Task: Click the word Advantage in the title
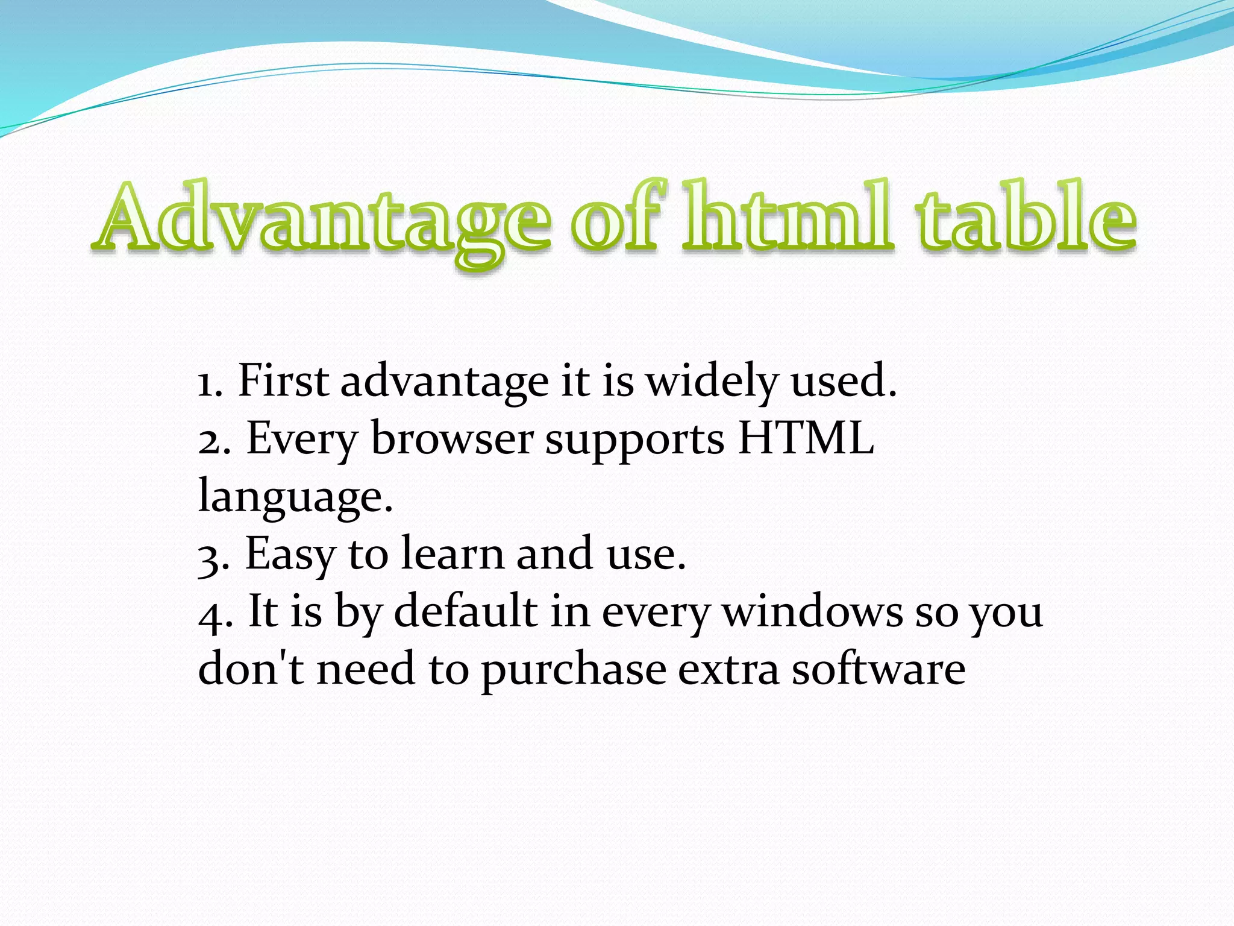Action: point(322,220)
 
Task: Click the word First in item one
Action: point(283,381)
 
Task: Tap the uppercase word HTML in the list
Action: point(806,438)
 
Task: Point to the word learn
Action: point(453,553)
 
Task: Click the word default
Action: point(465,611)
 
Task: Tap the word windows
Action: point(812,611)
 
